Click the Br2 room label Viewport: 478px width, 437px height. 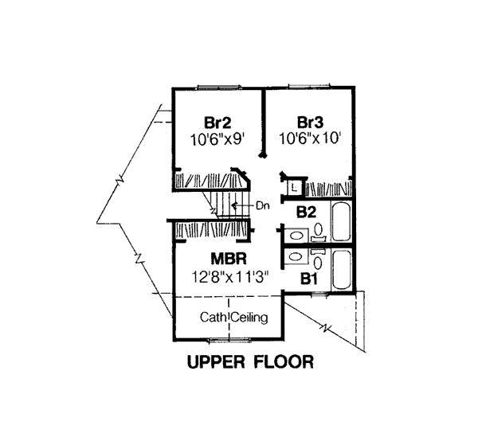tap(217, 123)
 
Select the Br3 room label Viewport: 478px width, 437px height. tap(310, 123)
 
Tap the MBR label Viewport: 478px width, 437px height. tap(229, 259)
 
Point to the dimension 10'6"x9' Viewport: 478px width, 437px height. tap(217, 140)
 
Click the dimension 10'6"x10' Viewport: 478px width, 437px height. tap(310, 139)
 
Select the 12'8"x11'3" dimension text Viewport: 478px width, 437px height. tap(230, 277)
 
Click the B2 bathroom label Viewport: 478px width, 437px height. tap(307, 213)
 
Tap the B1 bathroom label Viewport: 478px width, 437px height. tap(309, 279)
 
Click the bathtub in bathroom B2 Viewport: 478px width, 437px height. tap(342, 222)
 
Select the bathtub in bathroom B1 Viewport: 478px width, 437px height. tap(343, 270)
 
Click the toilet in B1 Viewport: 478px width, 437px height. tap(318, 259)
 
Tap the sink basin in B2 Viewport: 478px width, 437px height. tap(296, 236)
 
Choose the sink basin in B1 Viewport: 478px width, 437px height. tap(295, 257)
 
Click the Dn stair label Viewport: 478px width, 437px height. tap(263, 206)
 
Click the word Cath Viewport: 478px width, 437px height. tap(213, 317)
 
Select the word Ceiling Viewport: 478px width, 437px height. tap(249, 318)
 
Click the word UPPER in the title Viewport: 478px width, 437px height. tap(216, 362)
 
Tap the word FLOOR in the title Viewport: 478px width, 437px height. tap(284, 362)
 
